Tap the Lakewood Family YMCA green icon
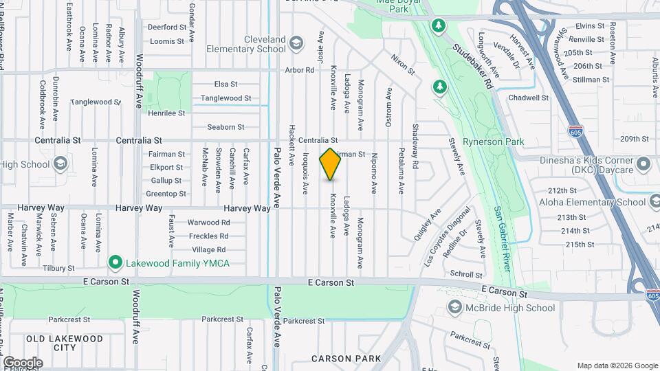point(115,263)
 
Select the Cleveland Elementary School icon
point(296,45)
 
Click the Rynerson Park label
point(494,142)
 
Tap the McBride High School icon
point(454,307)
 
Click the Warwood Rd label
point(208,223)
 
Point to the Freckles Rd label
point(208,236)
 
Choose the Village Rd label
point(209,250)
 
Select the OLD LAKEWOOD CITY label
point(65,343)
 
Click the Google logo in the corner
point(22,363)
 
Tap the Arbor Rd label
point(299,70)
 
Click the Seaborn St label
point(226,127)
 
